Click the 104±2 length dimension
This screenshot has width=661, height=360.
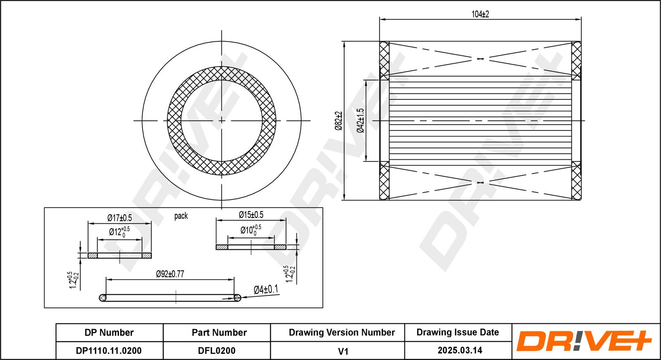pos(480,14)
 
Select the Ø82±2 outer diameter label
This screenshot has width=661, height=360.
pos(338,121)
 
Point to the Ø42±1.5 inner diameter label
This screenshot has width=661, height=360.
pos(360,121)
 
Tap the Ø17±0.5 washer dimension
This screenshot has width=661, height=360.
pos(119,218)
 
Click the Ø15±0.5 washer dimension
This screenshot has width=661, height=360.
pos(251,215)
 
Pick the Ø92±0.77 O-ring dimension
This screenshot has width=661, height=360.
pos(170,274)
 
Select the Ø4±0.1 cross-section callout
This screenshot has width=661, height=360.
pos(266,289)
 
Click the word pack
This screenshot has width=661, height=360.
pos(181,216)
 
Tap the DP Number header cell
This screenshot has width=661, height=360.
pos(109,333)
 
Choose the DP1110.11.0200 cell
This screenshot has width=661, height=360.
pos(109,351)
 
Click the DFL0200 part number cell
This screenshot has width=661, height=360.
pos(216,351)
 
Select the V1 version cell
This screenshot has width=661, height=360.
pos(343,351)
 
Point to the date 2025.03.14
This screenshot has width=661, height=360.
pos(460,350)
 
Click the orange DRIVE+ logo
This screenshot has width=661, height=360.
pos(584,341)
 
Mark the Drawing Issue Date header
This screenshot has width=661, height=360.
pos(458,332)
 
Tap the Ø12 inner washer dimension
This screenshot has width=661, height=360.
pos(119,232)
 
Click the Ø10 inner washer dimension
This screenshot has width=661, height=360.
pos(250,230)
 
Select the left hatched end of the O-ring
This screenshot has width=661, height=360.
pos(103,298)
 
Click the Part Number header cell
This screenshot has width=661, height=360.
pos(219,333)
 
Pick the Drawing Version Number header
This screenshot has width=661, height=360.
pos(342,332)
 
